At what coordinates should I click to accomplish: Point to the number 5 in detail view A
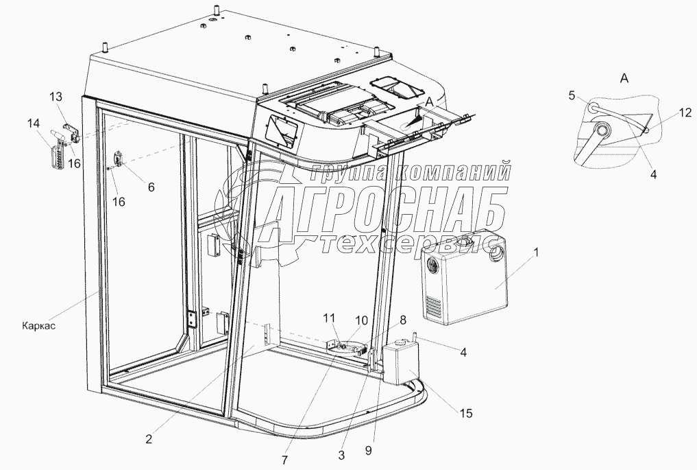(572, 95)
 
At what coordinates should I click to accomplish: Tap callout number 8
(402, 319)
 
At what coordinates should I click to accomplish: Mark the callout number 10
(361, 320)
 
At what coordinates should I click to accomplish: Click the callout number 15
(467, 413)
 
